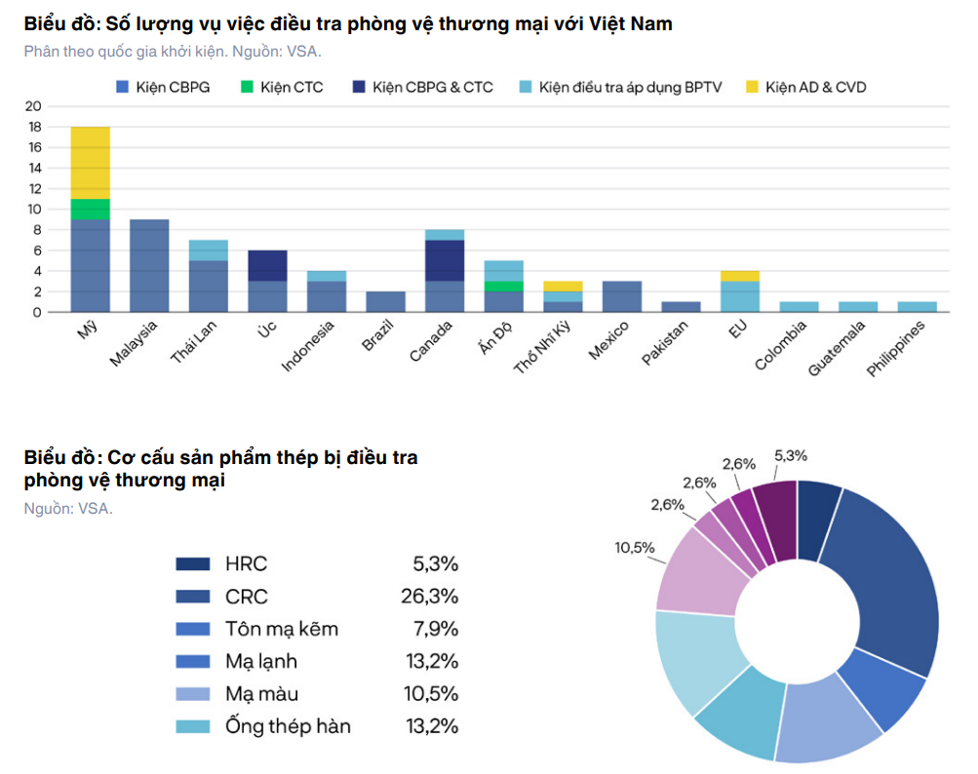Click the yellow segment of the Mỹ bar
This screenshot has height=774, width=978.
click(91, 163)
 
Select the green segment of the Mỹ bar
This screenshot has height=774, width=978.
click(91, 210)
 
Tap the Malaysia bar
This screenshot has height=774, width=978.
click(149, 266)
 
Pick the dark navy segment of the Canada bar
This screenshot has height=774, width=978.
click(445, 260)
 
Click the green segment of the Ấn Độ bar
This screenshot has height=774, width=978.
click(504, 287)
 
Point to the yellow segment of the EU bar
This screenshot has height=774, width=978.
click(740, 276)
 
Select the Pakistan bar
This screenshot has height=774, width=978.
click(682, 307)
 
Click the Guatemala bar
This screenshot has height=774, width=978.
click(858, 307)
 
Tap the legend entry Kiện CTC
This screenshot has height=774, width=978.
click(282, 88)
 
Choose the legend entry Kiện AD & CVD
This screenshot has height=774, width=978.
click(805, 88)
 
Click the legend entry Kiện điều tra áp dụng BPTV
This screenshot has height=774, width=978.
click(620, 88)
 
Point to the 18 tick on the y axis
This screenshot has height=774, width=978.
click(34, 127)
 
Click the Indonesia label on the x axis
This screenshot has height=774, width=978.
click(307, 346)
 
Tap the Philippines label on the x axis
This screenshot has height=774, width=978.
click(896, 349)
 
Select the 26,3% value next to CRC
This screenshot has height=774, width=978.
click(430, 597)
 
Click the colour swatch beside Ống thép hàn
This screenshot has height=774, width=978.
click(193, 726)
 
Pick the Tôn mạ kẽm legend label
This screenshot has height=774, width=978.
click(282, 629)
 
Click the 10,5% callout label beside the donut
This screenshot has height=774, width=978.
click(635, 548)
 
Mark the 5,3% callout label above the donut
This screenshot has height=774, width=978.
click(791, 456)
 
